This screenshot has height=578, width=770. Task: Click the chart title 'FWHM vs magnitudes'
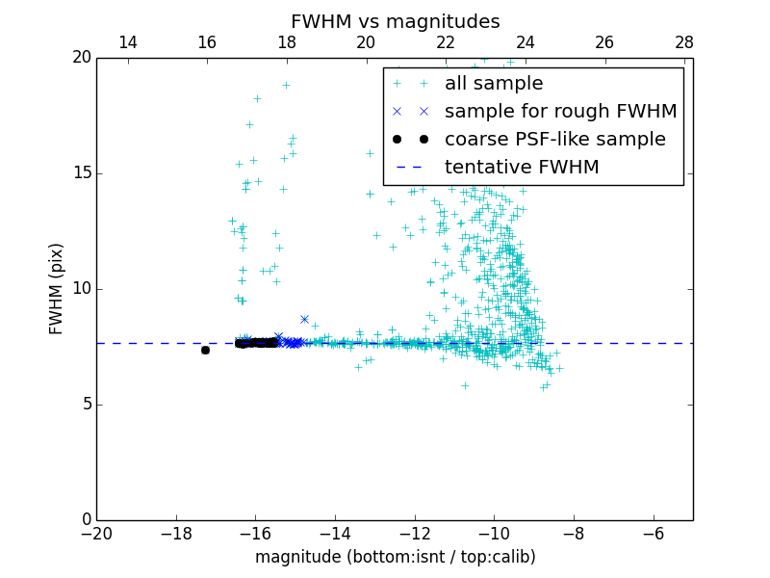click(x=395, y=21)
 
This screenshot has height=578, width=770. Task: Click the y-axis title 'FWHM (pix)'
click(x=57, y=289)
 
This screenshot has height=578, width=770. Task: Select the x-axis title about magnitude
click(x=395, y=557)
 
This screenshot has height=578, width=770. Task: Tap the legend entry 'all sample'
click(x=493, y=84)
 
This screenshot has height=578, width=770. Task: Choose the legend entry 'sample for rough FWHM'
click(x=560, y=112)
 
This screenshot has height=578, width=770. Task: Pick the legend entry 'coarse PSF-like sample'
click(x=554, y=140)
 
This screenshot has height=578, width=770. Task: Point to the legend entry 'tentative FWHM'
click(x=521, y=168)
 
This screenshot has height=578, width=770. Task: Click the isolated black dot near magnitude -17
click(x=205, y=350)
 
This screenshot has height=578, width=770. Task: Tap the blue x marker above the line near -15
click(x=304, y=319)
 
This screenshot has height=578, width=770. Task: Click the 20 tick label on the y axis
click(x=81, y=58)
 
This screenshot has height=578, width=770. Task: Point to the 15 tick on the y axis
click(x=81, y=173)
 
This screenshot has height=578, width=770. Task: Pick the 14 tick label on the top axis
click(x=127, y=42)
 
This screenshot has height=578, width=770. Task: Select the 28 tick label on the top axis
click(x=684, y=42)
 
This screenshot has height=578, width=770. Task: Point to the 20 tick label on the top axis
click(x=366, y=42)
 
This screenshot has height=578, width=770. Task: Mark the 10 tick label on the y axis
click(x=81, y=289)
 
